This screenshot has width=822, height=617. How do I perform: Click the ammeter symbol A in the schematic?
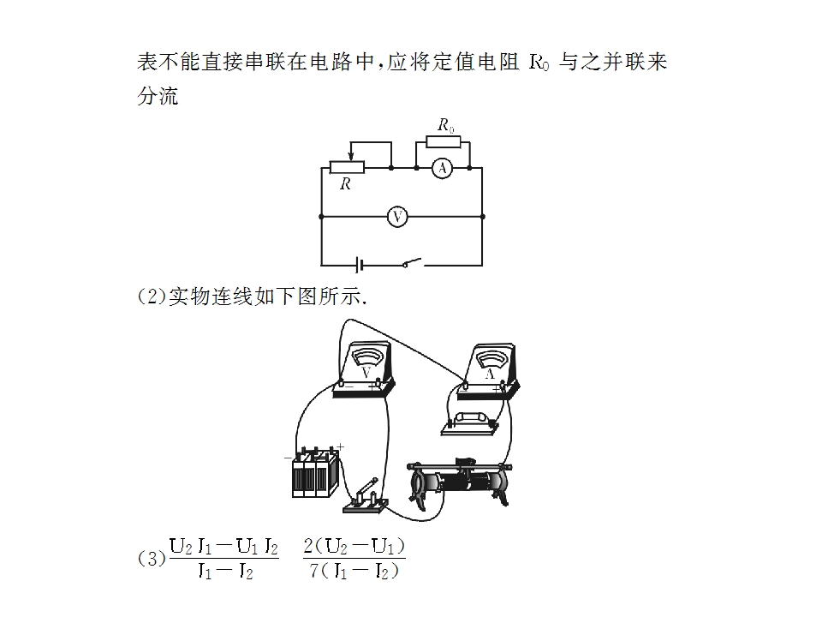[443, 169]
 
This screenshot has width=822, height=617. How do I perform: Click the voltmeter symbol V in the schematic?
[397, 217]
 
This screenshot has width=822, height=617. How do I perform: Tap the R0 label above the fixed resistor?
[446, 125]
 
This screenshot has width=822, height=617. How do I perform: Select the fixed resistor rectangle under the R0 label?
[444, 142]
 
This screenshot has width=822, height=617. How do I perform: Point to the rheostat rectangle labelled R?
[347, 168]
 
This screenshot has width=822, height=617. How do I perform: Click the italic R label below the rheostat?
[345, 183]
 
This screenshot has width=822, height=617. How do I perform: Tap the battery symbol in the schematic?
[360, 265]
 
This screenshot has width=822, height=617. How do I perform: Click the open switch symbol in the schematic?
[412, 263]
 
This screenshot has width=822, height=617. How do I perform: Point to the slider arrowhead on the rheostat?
[351, 156]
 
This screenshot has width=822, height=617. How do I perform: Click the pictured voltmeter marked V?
[365, 371]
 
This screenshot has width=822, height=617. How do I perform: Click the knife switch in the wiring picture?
[366, 497]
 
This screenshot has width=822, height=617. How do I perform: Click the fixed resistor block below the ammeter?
[470, 424]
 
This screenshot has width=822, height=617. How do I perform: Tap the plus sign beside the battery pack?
[340, 447]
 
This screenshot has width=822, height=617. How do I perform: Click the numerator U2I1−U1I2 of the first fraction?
[223, 547]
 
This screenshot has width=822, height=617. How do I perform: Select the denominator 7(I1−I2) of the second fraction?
[354, 571]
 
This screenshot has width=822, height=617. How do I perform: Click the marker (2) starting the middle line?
[152, 297]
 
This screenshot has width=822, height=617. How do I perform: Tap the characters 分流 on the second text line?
[158, 95]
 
